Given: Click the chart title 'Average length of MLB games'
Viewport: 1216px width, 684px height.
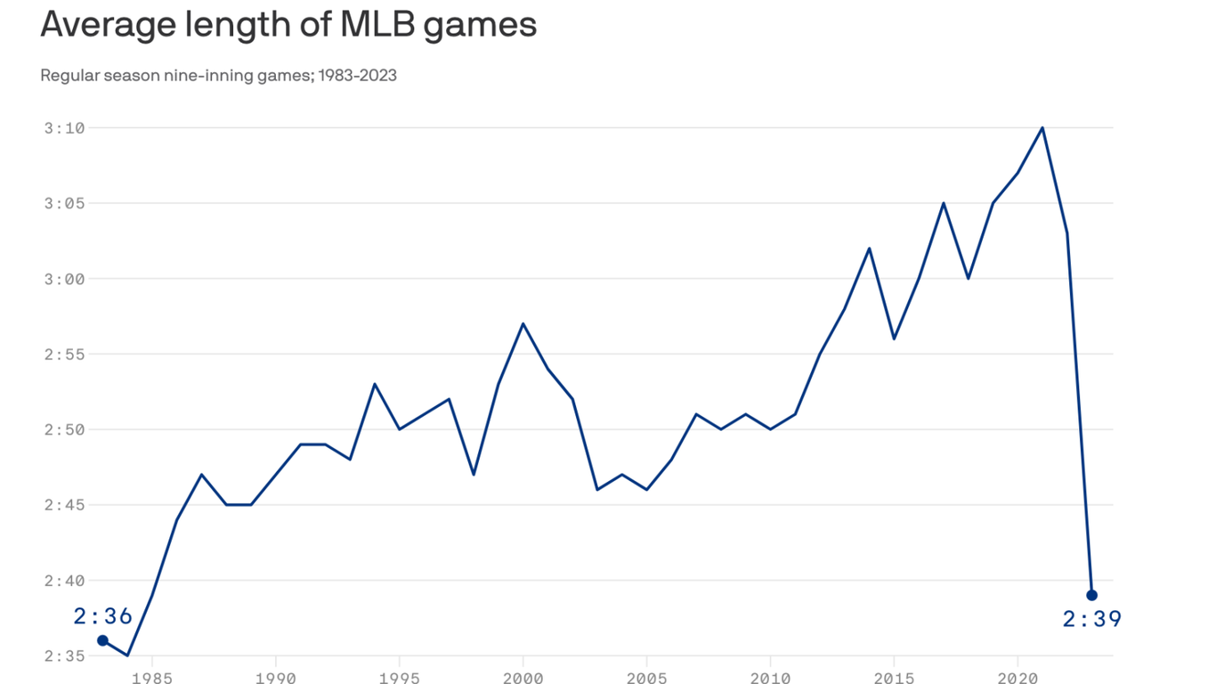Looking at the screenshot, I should [288, 24].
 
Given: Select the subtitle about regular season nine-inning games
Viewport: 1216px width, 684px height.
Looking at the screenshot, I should [218, 76].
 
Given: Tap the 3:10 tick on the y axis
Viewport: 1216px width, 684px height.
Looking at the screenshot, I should [64, 127].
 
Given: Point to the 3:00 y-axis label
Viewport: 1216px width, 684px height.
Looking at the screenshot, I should [64, 279].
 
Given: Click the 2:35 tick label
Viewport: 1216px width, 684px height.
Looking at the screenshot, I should [64, 656].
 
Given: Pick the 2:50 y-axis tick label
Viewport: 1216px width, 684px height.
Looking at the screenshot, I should [64, 429].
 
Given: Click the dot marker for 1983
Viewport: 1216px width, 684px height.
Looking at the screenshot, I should [103, 640].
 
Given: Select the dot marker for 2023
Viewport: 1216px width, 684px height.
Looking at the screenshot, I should [1092, 595].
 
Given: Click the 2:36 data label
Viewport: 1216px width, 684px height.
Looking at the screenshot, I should [103, 615].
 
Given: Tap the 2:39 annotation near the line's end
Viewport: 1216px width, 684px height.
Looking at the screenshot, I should [1092, 619].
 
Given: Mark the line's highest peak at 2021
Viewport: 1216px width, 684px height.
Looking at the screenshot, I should [1042, 127].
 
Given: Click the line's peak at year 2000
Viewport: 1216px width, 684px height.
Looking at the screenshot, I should [523, 323].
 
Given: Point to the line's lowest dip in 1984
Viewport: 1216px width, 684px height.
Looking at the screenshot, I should [127, 655].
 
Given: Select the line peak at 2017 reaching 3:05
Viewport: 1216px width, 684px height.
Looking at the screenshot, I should [944, 203].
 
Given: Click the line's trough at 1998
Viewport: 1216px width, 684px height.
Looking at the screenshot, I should [474, 474].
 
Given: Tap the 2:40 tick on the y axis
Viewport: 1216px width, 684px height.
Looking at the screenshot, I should [64, 581].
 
